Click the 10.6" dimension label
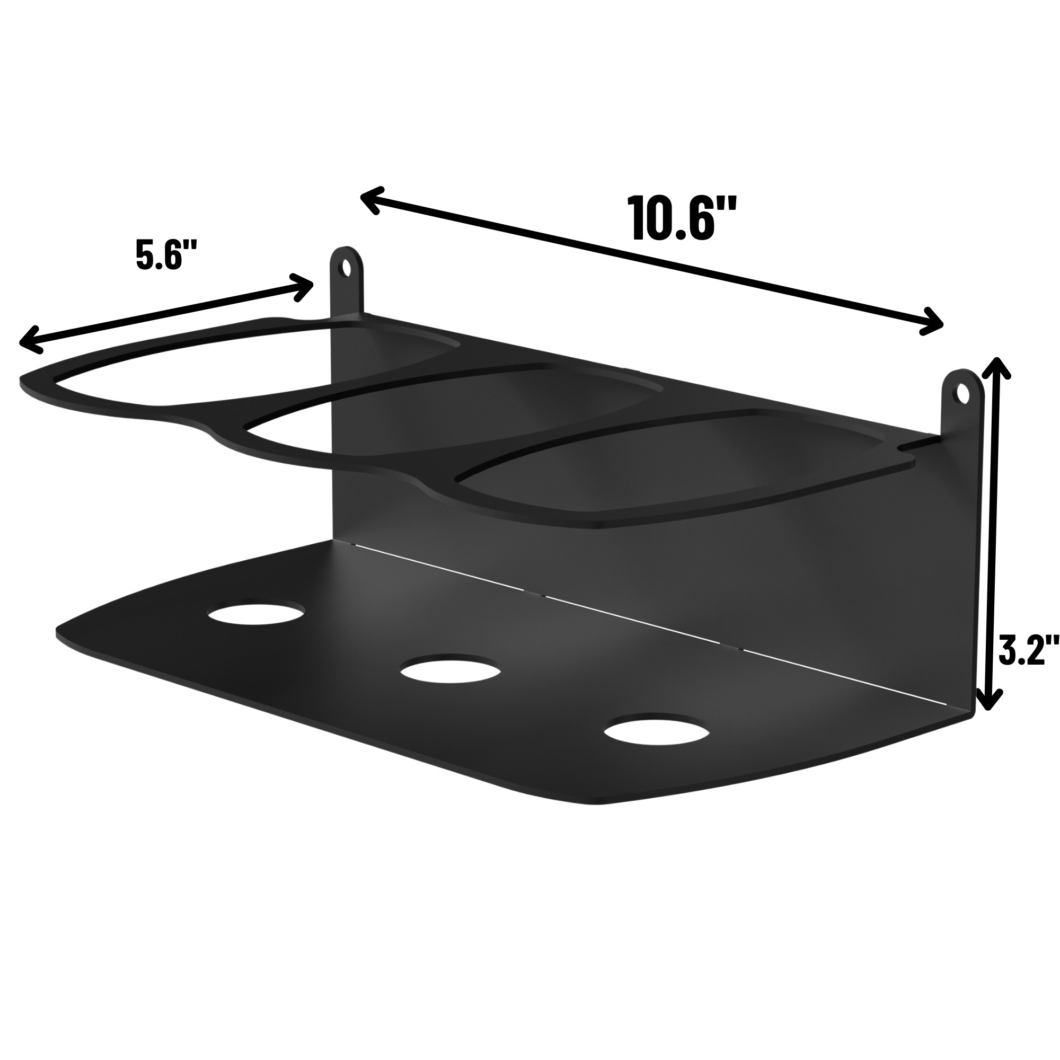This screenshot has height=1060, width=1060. [x=682, y=218]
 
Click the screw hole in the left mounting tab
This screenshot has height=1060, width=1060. [x=346, y=268]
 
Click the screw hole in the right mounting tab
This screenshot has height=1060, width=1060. [x=963, y=393]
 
